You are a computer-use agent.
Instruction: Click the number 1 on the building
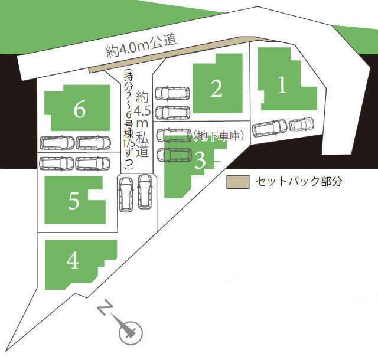(x=282, y=86)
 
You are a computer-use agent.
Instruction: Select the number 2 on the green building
(x=217, y=89)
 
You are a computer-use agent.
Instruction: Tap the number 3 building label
(x=200, y=159)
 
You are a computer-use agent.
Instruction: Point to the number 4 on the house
(x=73, y=260)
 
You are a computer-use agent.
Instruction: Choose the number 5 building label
(x=74, y=201)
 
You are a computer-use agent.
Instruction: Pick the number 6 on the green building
(x=80, y=109)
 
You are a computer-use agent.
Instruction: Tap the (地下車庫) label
(x=217, y=136)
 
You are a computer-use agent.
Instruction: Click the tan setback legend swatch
(x=238, y=181)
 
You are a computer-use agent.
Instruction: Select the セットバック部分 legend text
(x=299, y=181)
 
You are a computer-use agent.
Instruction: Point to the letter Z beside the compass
(x=106, y=308)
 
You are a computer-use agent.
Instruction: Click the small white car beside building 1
(x=301, y=125)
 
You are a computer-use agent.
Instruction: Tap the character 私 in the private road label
(x=142, y=139)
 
